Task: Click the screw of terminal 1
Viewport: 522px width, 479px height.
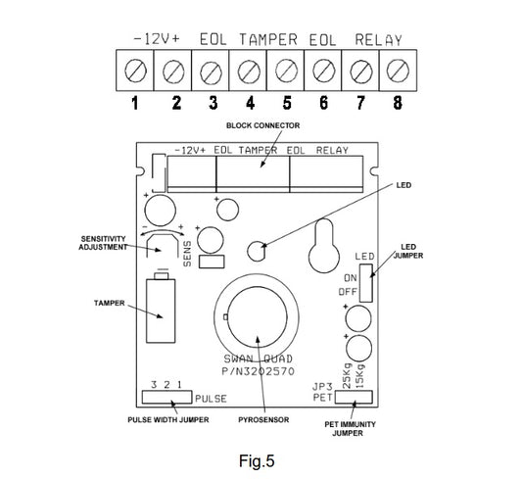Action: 135,71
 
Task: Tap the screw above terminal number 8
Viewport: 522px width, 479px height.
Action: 398,71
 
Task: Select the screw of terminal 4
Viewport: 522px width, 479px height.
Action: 249,71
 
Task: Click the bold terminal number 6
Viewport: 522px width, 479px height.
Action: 323,103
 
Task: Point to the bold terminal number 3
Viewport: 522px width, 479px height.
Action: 214,103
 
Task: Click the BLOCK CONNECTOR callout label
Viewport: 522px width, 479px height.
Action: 263,125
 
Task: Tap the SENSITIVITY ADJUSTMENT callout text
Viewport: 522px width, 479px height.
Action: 103,243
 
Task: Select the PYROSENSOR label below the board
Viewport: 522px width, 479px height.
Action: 263,420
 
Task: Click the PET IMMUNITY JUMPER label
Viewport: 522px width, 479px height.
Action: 350,429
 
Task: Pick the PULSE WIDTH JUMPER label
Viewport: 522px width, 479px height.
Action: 168,420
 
